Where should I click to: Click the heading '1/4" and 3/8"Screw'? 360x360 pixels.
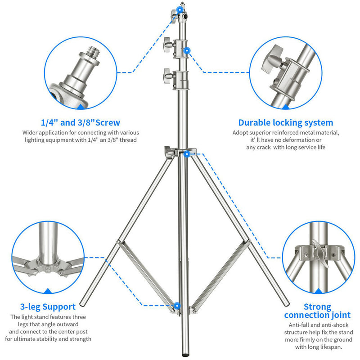tap(81, 122)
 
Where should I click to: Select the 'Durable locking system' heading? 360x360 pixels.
tap(286, 122)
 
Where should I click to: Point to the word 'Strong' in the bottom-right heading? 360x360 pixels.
tap(317, 307)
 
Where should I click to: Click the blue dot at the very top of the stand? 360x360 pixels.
tap(180, 9)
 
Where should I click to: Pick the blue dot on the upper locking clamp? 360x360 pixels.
tap(187, 49)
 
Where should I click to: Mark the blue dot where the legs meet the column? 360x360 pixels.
tap(186, 154)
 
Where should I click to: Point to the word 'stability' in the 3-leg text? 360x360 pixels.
tap(57, 339)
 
